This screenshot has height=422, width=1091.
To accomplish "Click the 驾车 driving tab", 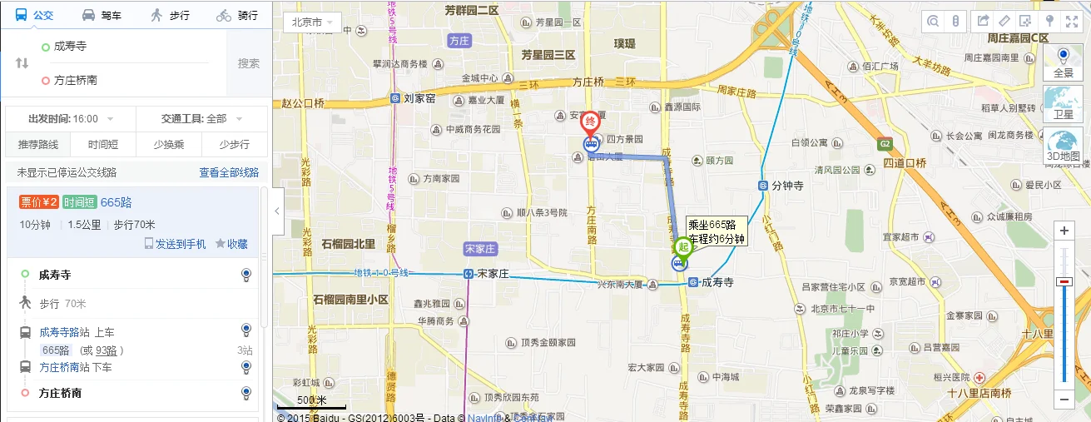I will pos(102,15).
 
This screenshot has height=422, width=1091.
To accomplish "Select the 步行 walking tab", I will pos(170,15).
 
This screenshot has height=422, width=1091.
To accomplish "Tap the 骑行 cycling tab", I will pos(237,15).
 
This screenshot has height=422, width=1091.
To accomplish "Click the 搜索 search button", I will pos(249,63).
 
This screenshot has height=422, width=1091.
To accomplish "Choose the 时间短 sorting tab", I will pos(103,144).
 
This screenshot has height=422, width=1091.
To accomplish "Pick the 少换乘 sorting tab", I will pos(169,144).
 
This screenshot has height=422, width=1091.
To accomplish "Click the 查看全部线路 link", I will pos(229,172).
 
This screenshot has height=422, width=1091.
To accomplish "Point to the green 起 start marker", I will pos(683,246).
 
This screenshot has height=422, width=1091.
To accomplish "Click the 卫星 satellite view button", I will pos(1063,103).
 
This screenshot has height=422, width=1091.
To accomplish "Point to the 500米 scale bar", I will pos(311,404).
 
